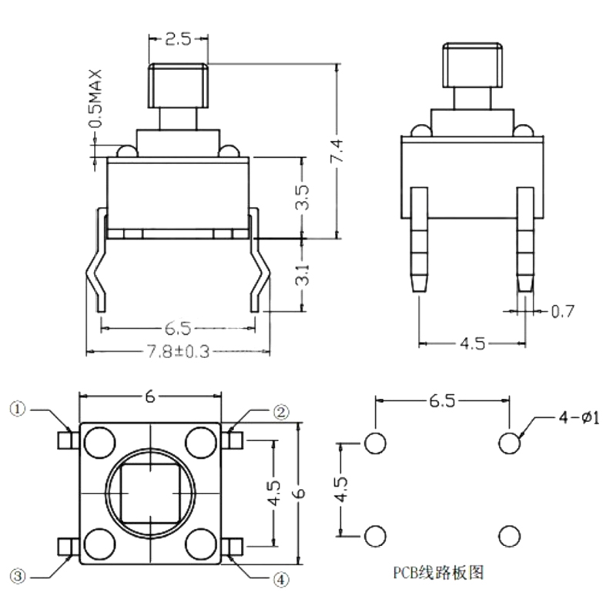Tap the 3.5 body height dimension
[x=302, y=197]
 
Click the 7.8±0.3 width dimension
[x=178, y=351]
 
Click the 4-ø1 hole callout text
[x=582, y=417]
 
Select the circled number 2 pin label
[x=281, y=412]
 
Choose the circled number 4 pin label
[x=281, y=578]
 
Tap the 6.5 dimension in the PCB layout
[x=442, y=400]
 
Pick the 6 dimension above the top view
[x=151, y=397]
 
